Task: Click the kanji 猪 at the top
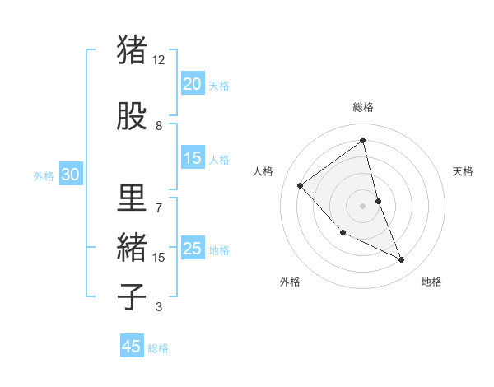tap(132, 49)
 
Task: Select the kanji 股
tap(132, 116)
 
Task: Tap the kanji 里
tap(132, 197)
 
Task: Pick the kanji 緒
tap(132, 246)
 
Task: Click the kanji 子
tap(132, 296)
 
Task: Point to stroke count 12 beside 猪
tap(159, 60)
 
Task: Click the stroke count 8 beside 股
tap(159, 127)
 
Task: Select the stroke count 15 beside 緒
tap(159, 258)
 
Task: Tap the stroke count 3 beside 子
tap(159, 308)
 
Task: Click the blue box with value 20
tap(192, 83)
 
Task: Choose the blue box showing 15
tap(192, 159)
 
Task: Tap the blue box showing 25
tap(192, 249)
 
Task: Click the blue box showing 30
tap(70, 175)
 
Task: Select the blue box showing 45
tap(132, 347)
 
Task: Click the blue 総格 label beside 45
tap(158, 348)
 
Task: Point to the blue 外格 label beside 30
tap(44, 175)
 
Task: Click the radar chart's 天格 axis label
tap(463, 171)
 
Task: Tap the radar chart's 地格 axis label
tap(431, 282)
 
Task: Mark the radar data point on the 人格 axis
tap(301, 185)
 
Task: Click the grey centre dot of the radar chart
tap(362, 205)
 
